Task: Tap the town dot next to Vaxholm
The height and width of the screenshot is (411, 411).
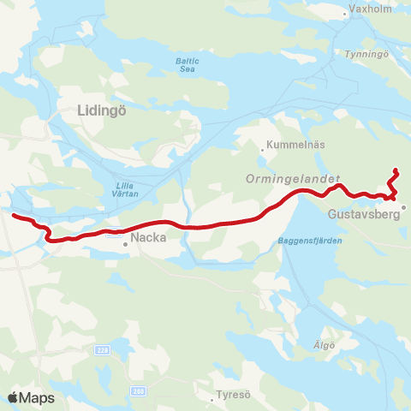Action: (x=345, y=14)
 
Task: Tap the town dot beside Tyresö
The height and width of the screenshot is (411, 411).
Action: (x=211, y=399)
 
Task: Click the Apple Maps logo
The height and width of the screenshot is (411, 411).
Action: (x=31, y=397)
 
